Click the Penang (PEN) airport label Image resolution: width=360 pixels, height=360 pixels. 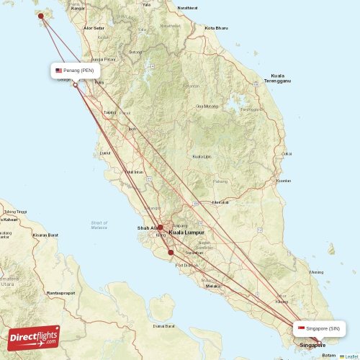(x=78, y=71)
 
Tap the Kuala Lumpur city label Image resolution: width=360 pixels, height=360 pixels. (x=186, y=233)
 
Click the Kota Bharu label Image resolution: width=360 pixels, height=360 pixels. (x=216, y=28)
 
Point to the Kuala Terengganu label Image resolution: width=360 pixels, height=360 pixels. (x=277, y=78)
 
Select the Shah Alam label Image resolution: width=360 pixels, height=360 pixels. (x=147, y=228)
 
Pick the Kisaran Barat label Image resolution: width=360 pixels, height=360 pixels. (x=44, y=235)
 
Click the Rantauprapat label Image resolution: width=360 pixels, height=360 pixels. (x=60, y=293)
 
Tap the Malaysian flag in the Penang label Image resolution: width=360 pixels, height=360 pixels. (x=59, y=71)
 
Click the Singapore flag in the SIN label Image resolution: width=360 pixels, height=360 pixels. (x=301, y=329)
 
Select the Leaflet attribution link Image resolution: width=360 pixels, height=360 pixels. (x=349, y=356)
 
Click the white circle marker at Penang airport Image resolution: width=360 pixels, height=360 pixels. (x=75, y=85)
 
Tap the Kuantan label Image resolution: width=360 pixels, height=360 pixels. (x=284, y=181)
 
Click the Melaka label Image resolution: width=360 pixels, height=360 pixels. (x=212, y=286)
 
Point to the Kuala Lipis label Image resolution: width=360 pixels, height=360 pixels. (x=202, y=156)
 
